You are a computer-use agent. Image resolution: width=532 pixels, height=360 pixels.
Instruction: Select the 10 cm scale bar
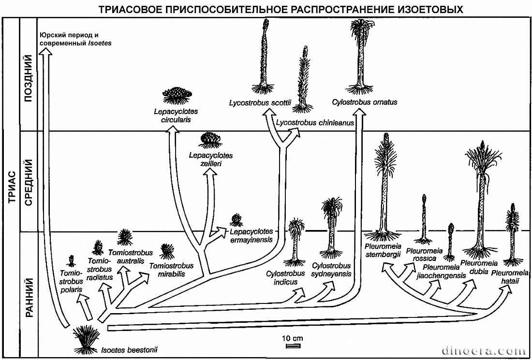click(x=293, y=346)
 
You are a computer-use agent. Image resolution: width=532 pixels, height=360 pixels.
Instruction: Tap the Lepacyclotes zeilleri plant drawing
click(x=210, y=140)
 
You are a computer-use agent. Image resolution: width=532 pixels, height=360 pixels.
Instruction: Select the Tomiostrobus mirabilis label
click(x=171, y=270)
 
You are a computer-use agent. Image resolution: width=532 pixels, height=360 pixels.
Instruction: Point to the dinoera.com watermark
click(x=484, y=350)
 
